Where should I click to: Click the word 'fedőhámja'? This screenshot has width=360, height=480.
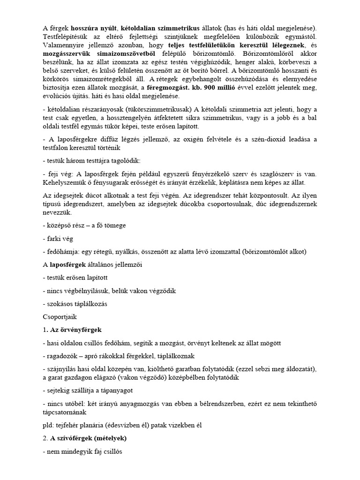pos(63,252)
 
